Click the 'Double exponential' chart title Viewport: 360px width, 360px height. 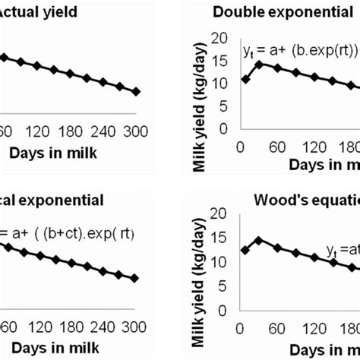pos(292,11)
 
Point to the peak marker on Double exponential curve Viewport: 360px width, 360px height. pos(259,65)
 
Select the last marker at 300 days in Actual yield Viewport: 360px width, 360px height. pos(136,92)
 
